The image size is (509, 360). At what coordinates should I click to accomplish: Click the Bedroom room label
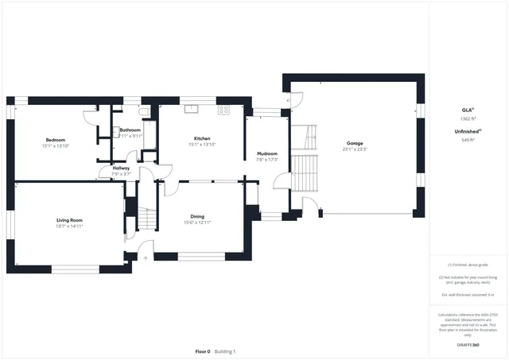(55, 140)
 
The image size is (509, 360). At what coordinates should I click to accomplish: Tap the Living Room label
(69, 220)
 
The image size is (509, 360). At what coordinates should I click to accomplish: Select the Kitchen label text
(201, 138)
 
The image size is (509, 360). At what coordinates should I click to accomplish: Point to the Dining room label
(197, 216)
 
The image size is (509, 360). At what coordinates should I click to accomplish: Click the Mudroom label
(266, 154)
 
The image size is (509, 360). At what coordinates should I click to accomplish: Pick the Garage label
(354, 143)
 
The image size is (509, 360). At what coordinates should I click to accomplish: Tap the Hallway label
(121, 168)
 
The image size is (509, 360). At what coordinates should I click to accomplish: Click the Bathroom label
(130, 130)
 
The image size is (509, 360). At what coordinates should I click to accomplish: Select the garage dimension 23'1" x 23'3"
(354, 149)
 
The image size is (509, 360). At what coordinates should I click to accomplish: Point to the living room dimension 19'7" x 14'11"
(69, 226)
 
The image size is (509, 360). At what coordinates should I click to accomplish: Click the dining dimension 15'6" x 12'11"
(197, 223)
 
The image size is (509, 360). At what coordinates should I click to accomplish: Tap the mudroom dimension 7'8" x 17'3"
(266, 161)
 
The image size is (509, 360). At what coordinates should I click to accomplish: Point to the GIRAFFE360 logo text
(468, 346)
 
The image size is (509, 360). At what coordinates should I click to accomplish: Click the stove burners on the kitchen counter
(223, 110)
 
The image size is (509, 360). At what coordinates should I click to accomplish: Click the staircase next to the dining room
(146, 219)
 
